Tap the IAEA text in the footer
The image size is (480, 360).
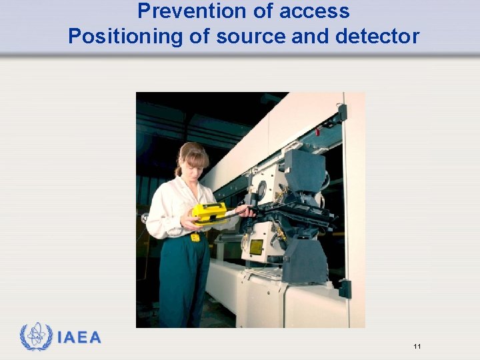[x=79, y=337]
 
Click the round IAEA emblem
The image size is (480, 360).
[x=36, y=337]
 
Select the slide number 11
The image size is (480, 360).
[x=417, y=346]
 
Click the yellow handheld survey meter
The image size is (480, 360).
[x=209, y=213]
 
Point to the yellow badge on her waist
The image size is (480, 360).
[x=195, y=237]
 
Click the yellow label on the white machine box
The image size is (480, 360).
[x=256, y=247]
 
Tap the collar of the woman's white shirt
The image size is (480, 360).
[x=183, y=185]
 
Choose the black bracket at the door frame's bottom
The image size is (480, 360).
[x=344, y=289]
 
